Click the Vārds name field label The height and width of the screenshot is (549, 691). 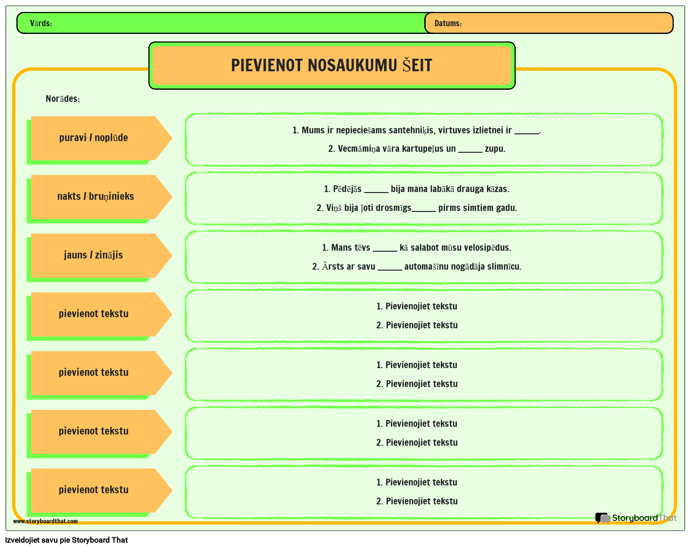coord(41,23)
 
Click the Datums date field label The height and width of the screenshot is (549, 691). coord(448,23)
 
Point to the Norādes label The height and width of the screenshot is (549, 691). coord(63,99)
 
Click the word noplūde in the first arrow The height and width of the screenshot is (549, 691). coord(111,138)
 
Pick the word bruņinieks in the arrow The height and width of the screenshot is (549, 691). coord(111,196)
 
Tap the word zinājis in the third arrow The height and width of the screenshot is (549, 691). coord(109,255)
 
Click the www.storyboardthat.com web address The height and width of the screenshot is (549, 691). coord(45,521)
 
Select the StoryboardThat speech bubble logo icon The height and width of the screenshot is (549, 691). coord(602,518)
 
